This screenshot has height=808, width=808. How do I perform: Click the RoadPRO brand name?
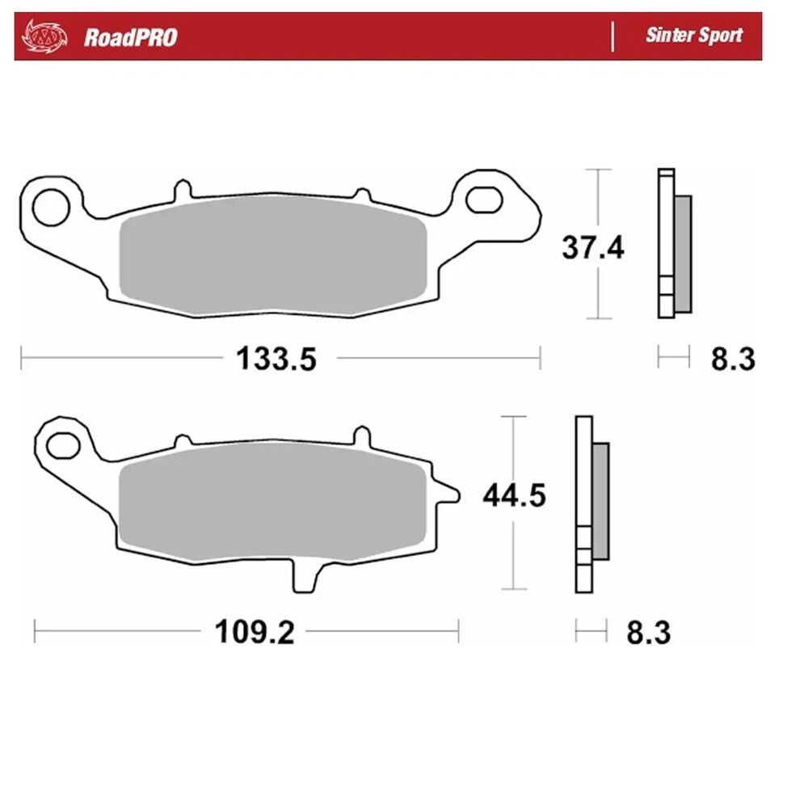130,37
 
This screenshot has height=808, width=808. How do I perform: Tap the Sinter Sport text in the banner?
693,35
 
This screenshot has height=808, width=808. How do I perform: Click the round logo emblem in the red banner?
44,36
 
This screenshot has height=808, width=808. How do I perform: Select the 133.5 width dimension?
276,359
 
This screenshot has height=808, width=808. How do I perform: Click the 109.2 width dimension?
255,632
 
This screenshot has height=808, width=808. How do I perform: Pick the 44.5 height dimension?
514,496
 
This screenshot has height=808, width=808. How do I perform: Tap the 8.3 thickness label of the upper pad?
733,360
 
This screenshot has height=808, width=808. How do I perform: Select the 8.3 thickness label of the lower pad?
648,633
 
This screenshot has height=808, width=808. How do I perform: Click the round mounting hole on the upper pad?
50,207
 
